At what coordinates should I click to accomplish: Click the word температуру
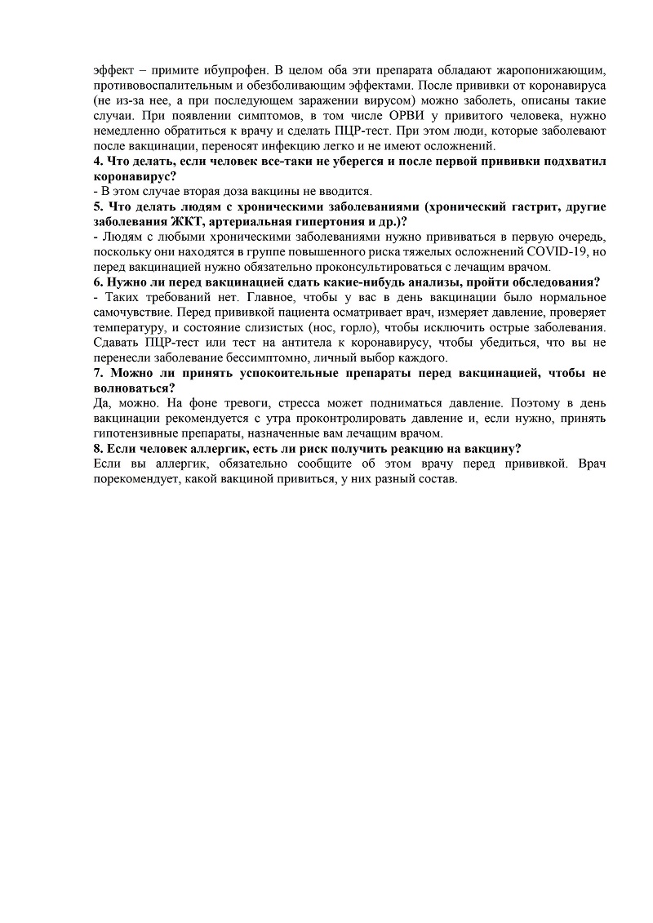click(x=129, y=328)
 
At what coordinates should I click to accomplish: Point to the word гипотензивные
click(x=135, y=433)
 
